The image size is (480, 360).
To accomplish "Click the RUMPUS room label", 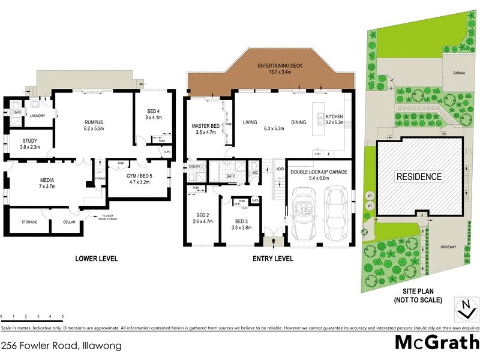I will [94, 122].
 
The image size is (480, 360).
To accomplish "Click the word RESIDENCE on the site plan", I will [418, 176].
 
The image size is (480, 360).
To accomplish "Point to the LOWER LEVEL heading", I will [96, 259].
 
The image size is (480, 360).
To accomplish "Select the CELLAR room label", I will [70, 222].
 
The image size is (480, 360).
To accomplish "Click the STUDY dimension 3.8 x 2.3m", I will [26, 147].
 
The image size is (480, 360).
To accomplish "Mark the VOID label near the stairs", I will [280, 169].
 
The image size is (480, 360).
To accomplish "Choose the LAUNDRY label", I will [38, 116].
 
